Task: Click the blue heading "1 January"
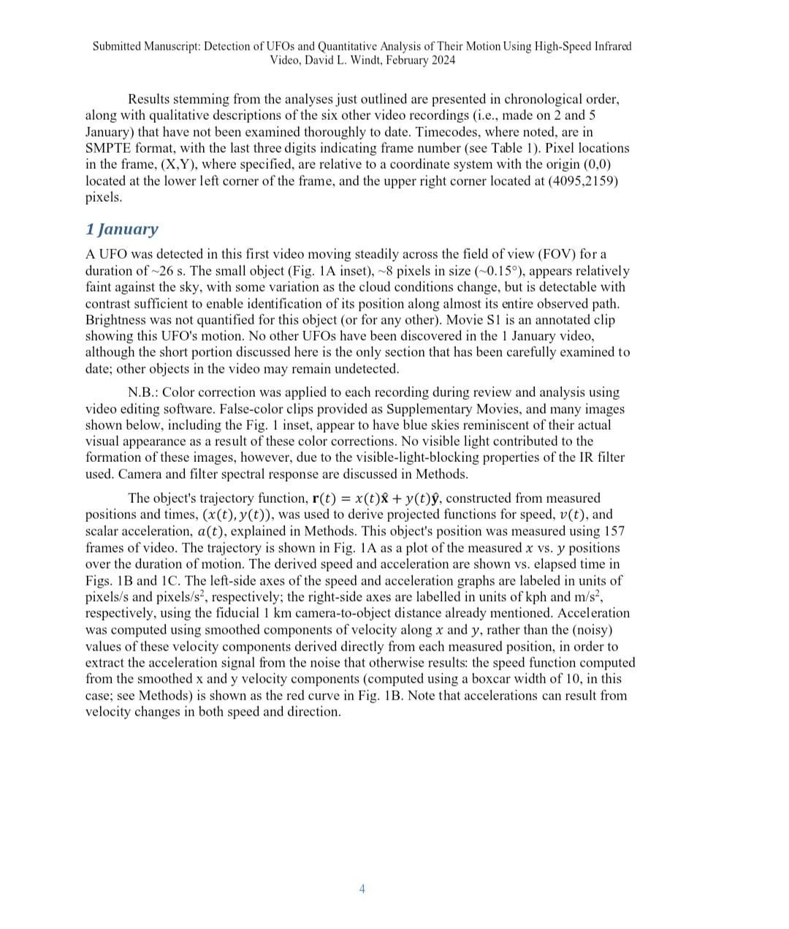121,230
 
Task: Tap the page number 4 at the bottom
362,889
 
